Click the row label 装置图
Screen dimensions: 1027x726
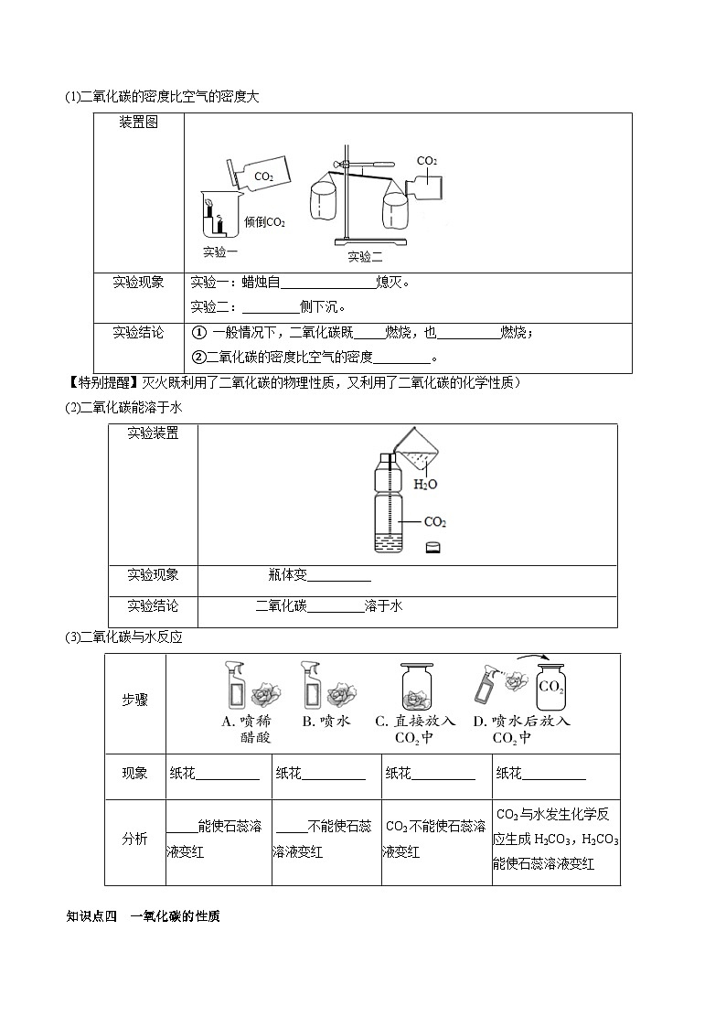[x=139, y=123]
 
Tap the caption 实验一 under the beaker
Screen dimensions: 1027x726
[x=220, y=251]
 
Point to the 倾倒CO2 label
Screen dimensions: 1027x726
[x=265, y=222]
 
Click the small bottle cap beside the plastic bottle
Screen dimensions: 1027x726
[x=433, y=548]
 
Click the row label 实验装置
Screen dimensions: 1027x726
[x=153, y=433]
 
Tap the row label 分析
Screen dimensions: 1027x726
[x=134, y=840]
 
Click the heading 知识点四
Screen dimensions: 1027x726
[x=93, y=915]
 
